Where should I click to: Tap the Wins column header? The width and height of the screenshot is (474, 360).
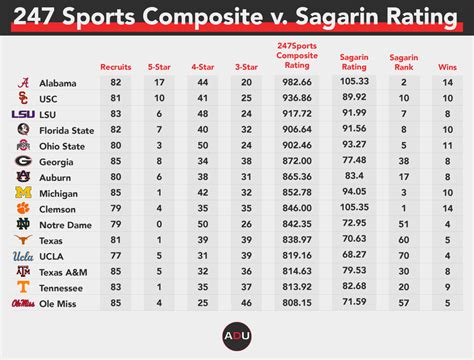pos(446,66)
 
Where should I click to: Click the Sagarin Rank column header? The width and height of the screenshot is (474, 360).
pos(402,61)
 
